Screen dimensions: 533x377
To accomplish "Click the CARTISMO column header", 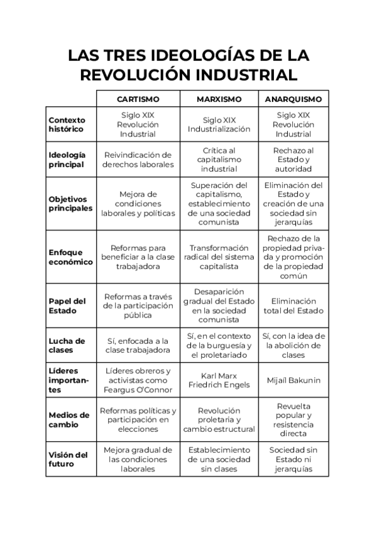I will pyautogui.click(x=138, y=99).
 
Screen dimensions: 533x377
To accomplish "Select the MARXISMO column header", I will pyautogui.click(x=219, y=99).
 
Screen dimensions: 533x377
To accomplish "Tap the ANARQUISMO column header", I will pyautogui.click(x=293, y=99).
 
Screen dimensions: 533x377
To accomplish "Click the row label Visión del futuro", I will pyautogui.click(x=68, y=459).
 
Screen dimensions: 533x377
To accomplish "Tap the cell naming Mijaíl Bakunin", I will pyautogui.click(x=293, y=381).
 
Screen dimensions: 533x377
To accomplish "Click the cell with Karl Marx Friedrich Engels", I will pyautogui.click(x=219, y=381).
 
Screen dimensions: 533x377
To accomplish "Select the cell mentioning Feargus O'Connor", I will pyautogui.click(x=138, y=381).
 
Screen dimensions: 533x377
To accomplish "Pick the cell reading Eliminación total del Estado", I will pyautogui.click(x=293, y=305).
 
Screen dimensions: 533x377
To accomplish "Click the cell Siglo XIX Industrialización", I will pyautogui.click(x=219, y=124).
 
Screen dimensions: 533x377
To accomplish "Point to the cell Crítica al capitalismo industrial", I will pyautogui.click(x=219, y=160).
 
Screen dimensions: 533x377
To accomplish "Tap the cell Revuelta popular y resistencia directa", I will pyautogui.click(x=293, y=419).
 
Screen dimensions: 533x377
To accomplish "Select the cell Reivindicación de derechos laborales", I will pyautogui.click(x=138, y=160).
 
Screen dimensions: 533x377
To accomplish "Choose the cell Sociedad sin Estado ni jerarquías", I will pyautogui.click(x=293, y=459).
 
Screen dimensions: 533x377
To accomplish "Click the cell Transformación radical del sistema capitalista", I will pyautogui.click(x=219, y=257).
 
